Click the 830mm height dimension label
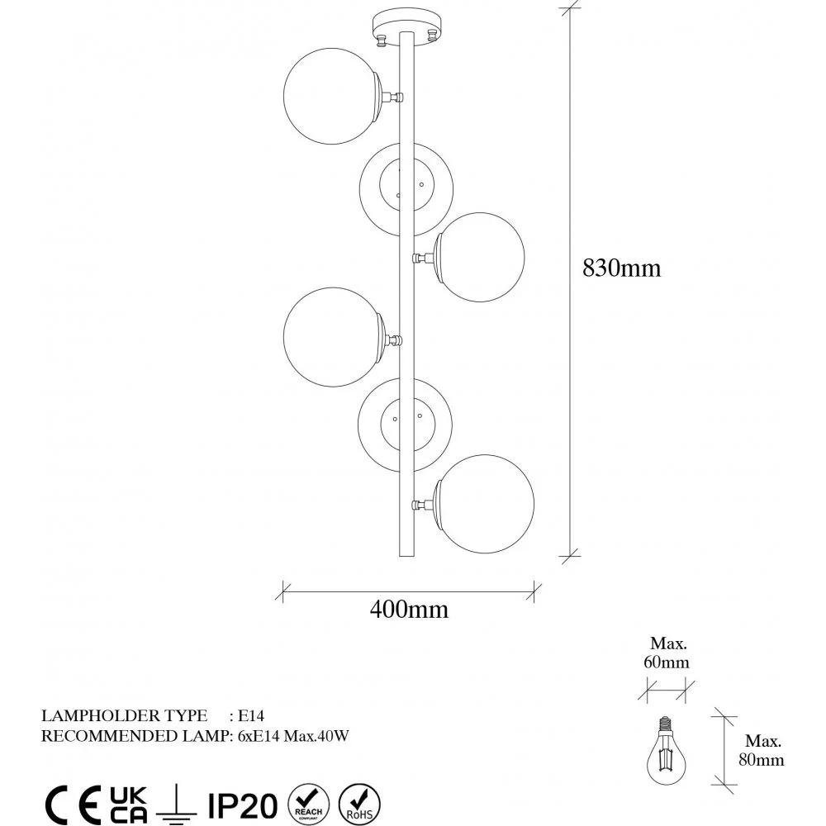click(x=621, y=268)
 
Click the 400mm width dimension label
click(x=409, y=610)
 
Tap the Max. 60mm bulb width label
click(x=667, y=653)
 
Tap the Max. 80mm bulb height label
click(x=762, y=750)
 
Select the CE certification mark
click(x=73, y=805)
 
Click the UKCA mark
click(x=129, y=805)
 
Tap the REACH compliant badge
click(x=308, y=805)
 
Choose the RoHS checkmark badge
click(x=359, y=805)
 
